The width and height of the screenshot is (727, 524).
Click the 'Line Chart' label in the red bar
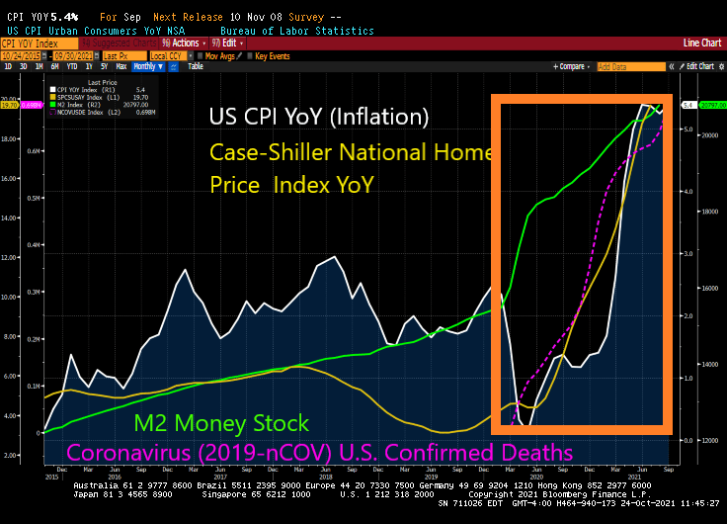click(701, 44)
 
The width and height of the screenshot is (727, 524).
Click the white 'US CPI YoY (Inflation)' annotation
click(319, 117)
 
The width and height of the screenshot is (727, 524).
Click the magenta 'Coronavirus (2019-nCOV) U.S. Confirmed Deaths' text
click(319, 452)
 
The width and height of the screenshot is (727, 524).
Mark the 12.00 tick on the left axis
click(12, 258)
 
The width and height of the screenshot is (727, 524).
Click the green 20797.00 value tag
click(710, 105)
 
